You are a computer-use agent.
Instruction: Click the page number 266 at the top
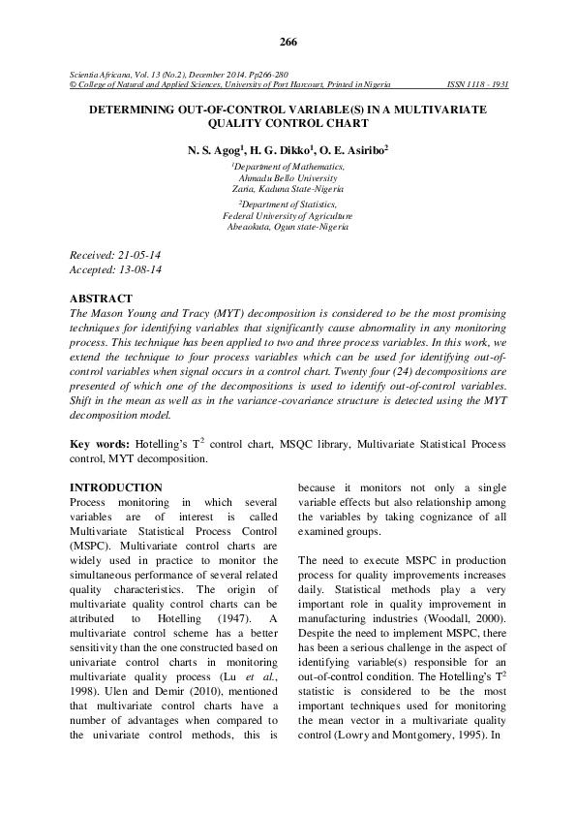coord(288,42)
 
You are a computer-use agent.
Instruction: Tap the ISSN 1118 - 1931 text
coord(478,83)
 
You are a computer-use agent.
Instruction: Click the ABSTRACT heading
coord(103,298)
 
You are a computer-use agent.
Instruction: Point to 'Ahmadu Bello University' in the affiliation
coord(288,178)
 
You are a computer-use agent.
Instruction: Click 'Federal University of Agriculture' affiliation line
coord(288,215)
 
